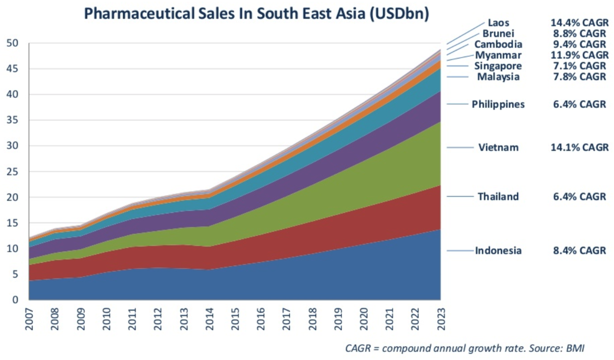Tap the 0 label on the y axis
(16, 300)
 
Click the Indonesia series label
(498, 251)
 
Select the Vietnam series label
(498, 147)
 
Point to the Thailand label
(498, 196)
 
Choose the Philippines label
(498, 104)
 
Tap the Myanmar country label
(498, 55)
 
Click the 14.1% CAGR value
(579, 147)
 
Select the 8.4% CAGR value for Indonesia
(579, 251)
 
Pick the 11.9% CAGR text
(579, 55)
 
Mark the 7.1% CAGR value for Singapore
(579, 66)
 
